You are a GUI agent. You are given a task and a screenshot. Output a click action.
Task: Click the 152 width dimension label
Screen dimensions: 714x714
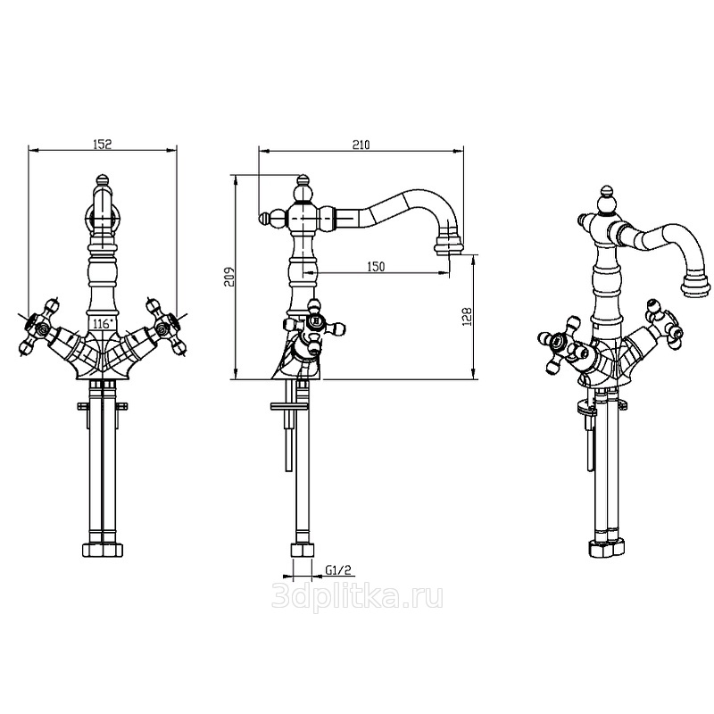103,144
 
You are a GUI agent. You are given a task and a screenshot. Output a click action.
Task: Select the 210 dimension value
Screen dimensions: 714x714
361,145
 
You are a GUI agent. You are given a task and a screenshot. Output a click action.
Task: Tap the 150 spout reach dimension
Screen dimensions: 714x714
375,266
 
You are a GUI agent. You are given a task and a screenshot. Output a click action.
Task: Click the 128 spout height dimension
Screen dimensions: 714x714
467,317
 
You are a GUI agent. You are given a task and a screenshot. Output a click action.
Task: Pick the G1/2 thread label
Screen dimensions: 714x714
339,569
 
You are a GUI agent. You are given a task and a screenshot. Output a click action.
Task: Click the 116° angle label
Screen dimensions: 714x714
102,324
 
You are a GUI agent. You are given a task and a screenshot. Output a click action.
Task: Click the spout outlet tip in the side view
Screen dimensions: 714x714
449,249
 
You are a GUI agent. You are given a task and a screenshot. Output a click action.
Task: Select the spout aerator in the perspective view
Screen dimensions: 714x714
695,283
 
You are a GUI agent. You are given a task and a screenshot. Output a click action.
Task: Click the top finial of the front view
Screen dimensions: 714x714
103,179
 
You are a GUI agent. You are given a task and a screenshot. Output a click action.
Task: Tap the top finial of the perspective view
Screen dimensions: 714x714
606,194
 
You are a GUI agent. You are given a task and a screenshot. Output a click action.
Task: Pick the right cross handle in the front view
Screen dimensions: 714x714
166,327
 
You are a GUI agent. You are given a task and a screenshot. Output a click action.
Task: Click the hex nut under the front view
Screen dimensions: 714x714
103,550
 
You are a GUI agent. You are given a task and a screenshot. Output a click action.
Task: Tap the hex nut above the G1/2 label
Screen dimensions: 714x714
303,550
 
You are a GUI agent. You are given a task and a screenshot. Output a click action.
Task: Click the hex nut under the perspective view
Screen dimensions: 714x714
608,548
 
